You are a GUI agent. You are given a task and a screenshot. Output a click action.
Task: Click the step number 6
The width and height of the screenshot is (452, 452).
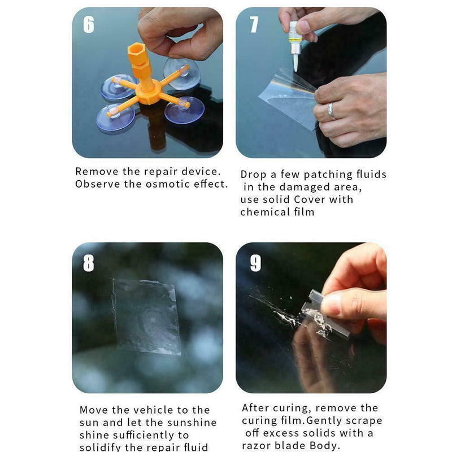[89, 24]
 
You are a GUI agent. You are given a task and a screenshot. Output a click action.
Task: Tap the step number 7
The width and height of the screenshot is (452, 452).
[254, 24]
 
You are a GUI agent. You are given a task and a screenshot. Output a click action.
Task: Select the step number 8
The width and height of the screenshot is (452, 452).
[89, 263]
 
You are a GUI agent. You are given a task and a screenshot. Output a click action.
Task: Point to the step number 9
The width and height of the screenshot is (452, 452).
[255, 263]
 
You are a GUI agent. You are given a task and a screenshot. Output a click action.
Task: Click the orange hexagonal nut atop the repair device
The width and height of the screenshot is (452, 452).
[137, 53]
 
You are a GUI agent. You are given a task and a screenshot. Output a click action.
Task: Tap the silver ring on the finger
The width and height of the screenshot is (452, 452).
[332, 111]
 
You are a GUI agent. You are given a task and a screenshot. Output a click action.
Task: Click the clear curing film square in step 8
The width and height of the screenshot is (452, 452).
[146, 316]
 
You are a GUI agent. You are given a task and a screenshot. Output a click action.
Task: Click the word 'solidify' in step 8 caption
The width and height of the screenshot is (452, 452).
[101, 447]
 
